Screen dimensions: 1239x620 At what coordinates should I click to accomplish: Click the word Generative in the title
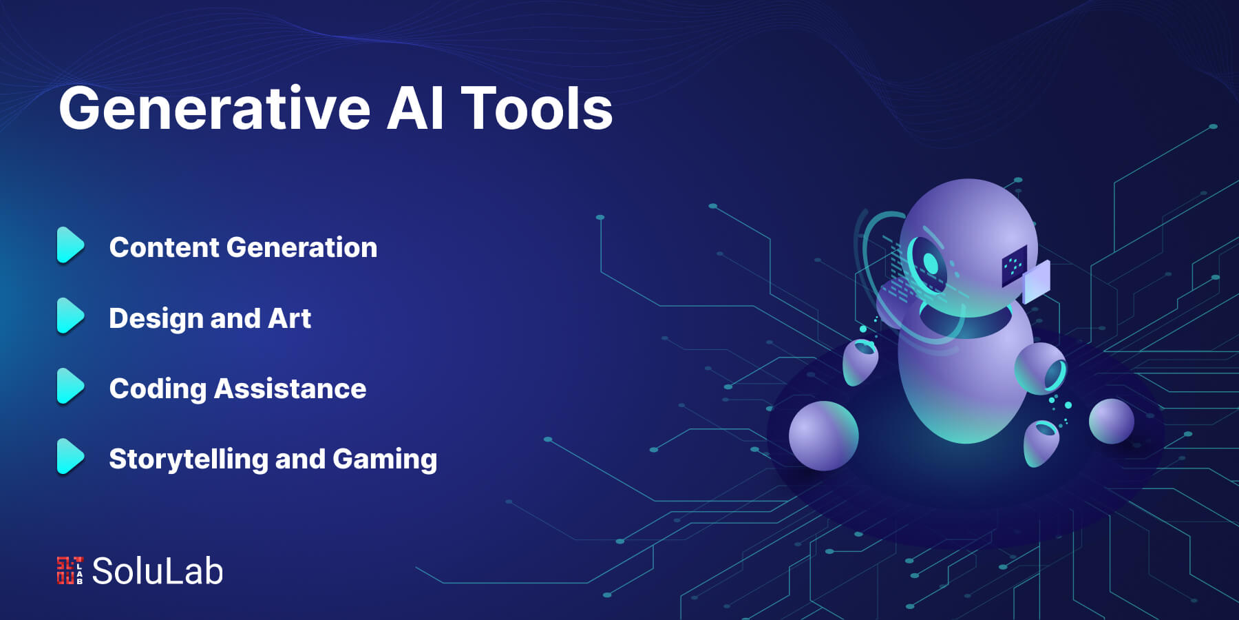point(215,109)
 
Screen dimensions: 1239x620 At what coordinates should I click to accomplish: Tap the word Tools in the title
point(537,108)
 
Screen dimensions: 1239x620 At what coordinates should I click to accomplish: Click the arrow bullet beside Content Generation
point(70,245)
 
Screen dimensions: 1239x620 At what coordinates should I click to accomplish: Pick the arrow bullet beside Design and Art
point(70,316)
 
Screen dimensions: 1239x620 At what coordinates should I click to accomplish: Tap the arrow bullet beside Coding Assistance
point(70,386)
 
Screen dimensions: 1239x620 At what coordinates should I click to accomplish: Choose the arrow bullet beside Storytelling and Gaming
point(70,457)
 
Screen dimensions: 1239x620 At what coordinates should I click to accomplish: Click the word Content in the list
point(164,247)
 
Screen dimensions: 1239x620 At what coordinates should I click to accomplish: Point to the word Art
point(289,318)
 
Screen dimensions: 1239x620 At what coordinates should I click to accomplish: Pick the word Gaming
point(385,459)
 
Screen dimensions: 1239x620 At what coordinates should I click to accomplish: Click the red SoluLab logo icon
point(70,570)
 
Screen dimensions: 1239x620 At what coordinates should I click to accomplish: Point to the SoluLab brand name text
point(158,571)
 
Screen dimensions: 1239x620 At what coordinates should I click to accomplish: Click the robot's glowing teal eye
point(930,263)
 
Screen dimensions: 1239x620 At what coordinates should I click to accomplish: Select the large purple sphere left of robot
point(823,435)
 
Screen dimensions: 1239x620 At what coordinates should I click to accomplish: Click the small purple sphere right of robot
point(1111,421)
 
